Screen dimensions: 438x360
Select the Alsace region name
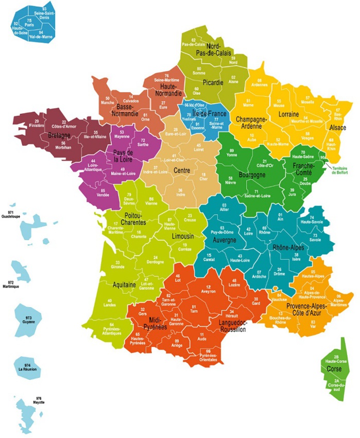pos(337,127)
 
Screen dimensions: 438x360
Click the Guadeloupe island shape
pos(33,227)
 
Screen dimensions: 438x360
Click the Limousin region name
pos(183,236)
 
